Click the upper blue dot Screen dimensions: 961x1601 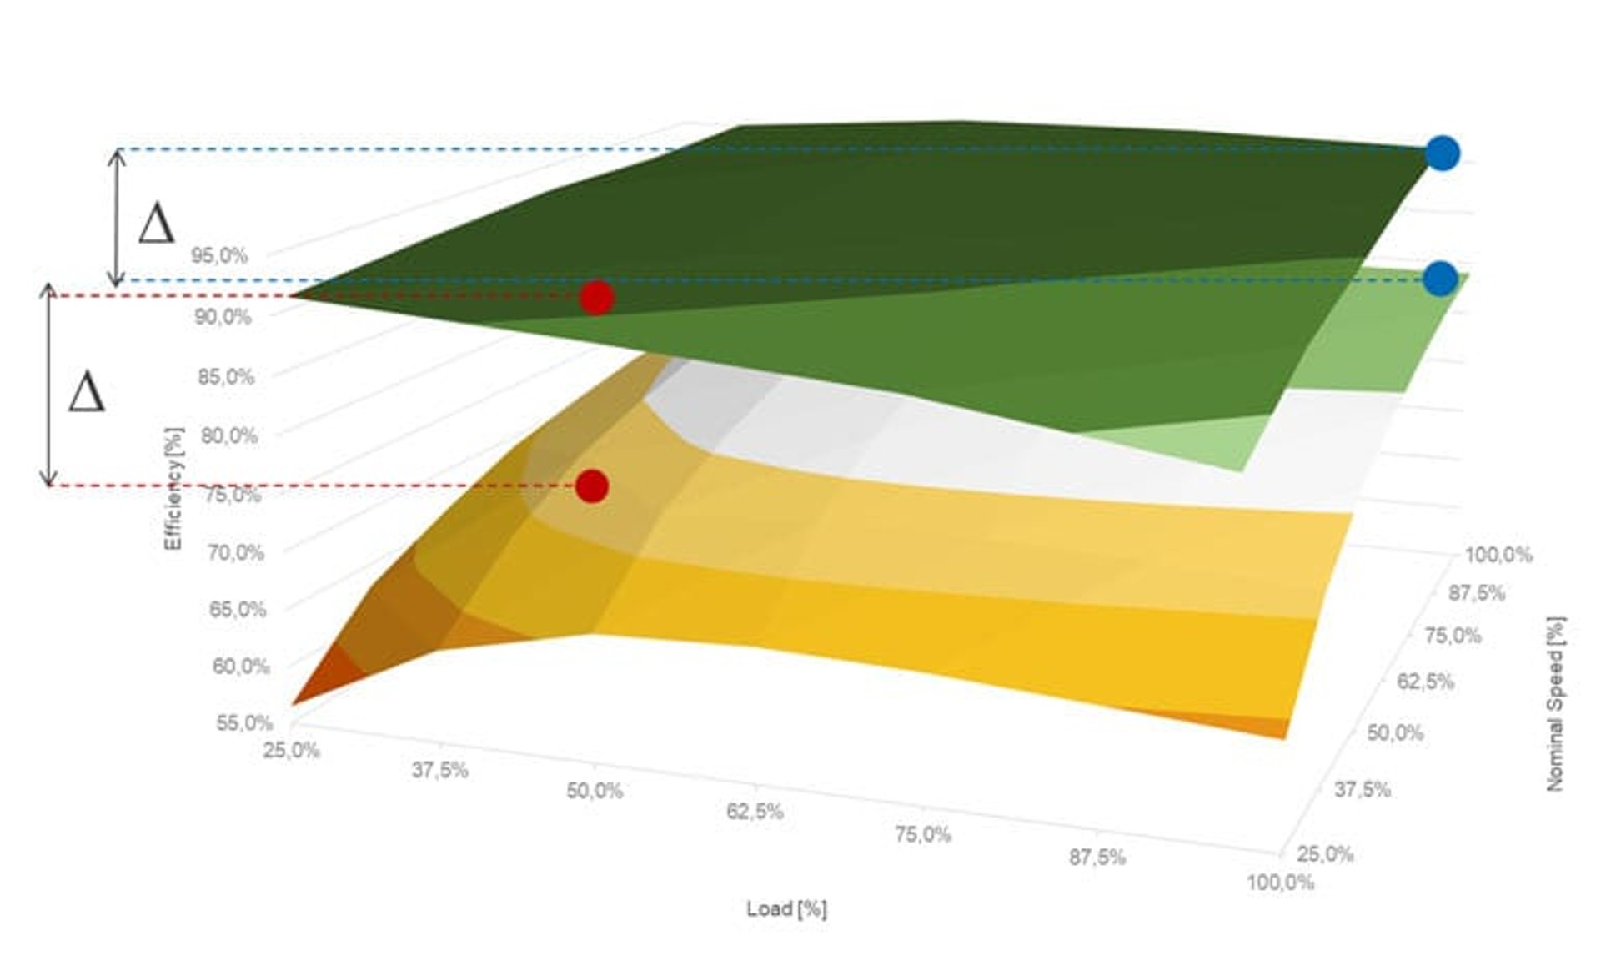click(1442, 153)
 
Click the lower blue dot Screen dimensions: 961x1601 click(1440, 279)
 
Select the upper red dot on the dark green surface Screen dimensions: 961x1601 click(596, 298)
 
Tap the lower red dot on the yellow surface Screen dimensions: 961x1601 click(591, 486)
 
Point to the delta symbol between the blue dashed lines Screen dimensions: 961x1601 click(157, 224)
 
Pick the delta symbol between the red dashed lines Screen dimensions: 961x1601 click(87, 393)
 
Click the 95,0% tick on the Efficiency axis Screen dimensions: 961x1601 click(219, 256)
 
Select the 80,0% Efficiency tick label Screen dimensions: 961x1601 click(229, 435)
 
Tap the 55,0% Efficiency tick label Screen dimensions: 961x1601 click(244, 722)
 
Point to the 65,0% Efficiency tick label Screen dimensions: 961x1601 click(238, 609)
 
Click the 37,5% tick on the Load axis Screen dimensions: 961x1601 click(439, 770)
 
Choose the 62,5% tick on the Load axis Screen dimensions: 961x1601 click(755, 812)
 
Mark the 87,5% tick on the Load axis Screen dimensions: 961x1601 click(1097, 857)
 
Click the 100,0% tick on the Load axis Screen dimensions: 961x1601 click(1280, 882)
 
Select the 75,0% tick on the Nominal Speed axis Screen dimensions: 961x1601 click(1453, 636)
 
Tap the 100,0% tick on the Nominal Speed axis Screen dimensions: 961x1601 click(1498, 555)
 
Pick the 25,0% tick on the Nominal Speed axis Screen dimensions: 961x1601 click(1325, 853)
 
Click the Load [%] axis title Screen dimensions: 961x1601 click(786, 908)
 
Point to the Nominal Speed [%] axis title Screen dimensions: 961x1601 click(1555, 703)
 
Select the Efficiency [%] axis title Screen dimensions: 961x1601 click(173, 488)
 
